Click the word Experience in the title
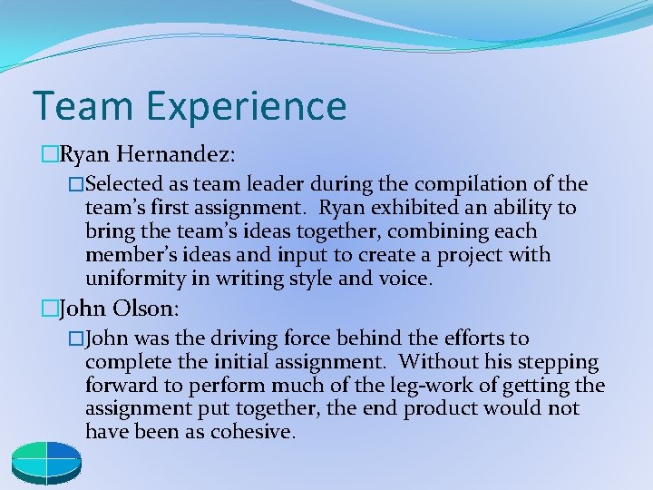coord(245,106)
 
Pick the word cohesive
coord(252,433)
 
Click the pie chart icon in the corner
coord(46,459)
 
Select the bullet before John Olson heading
coord(48,308)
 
